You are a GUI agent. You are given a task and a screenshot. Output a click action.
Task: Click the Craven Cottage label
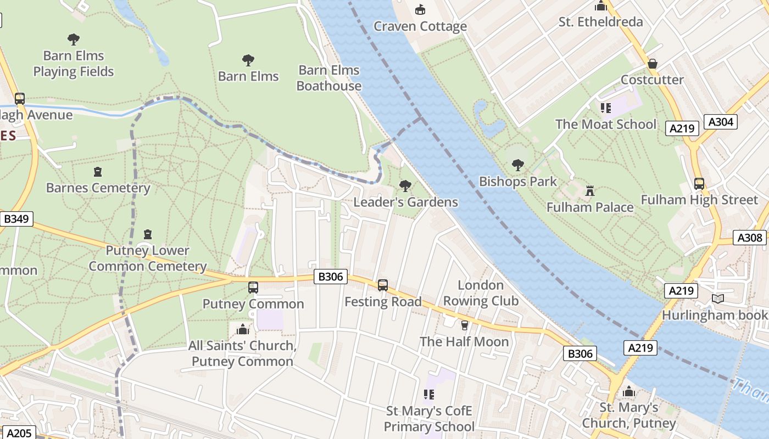click(x=420, y=26)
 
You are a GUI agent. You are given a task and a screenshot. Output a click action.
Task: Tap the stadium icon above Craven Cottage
click(x=420, y=9)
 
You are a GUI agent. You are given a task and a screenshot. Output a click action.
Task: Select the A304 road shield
click(x=721, y=121)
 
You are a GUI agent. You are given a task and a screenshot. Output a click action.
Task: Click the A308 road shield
click(x=750, y=238)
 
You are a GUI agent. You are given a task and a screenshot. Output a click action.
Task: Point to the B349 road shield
click(x=16, y=219)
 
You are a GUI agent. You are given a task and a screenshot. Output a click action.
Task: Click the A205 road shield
click(x=19, y=433)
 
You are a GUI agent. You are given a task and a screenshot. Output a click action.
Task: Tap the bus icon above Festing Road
click(x=383, y=285)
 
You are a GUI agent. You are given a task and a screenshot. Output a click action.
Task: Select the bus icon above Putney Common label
click(x=253, y=287)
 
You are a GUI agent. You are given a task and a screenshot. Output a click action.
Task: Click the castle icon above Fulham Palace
click(x=590, y=190)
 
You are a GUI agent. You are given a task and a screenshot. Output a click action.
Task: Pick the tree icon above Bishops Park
click(x=517, y=165)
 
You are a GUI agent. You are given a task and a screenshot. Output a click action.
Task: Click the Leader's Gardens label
click(x=405, y=202)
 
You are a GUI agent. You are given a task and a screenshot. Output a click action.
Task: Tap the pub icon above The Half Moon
click(x=465, y=325)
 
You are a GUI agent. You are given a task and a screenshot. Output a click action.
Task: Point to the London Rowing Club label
click(x=481, y=293)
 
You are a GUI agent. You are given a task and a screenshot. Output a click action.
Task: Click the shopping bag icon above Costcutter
click(x=653, y=64)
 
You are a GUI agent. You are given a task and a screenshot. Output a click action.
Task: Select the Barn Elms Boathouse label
click(x=329, y=78)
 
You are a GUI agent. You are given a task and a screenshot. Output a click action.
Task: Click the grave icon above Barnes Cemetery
click(x=98, y=172)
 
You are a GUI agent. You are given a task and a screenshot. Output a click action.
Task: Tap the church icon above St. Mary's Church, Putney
click(x=629, y=392)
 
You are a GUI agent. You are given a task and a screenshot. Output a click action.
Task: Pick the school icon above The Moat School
click(x=606, y=108)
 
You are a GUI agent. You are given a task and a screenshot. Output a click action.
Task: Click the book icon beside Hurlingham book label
click(x=717, y=299)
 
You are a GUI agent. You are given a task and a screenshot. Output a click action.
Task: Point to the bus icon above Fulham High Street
click(x=699, y=183)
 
